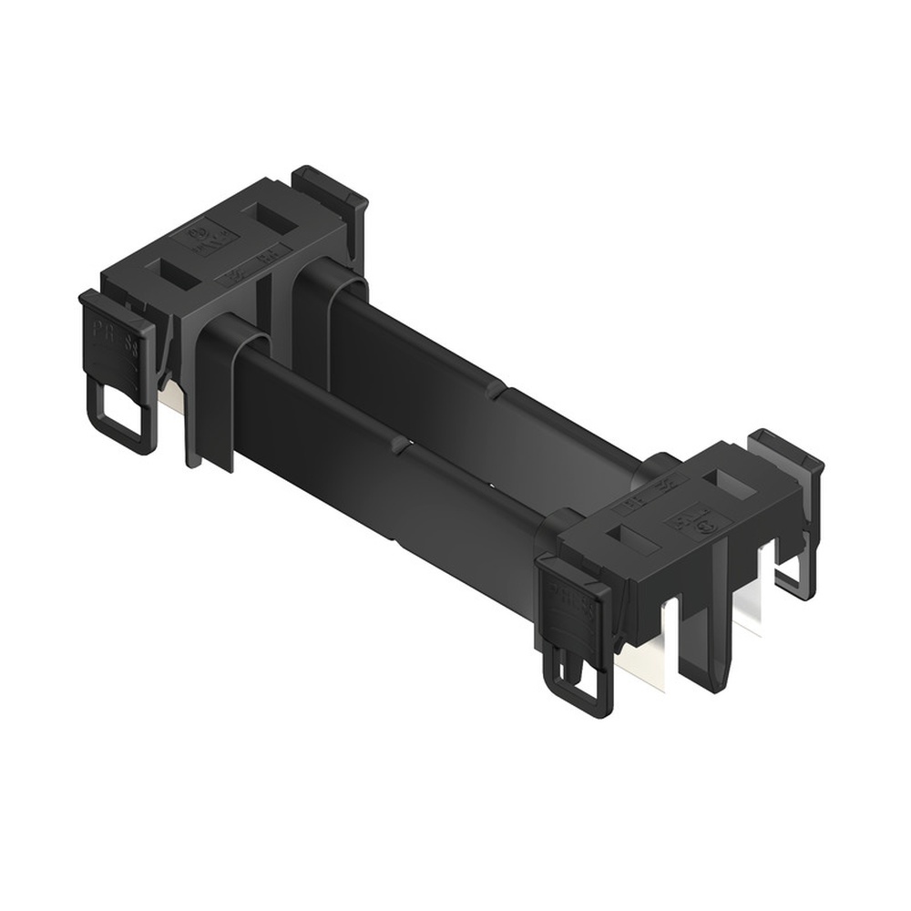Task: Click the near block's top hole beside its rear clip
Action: pyautogui.click(x=730, y=482)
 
